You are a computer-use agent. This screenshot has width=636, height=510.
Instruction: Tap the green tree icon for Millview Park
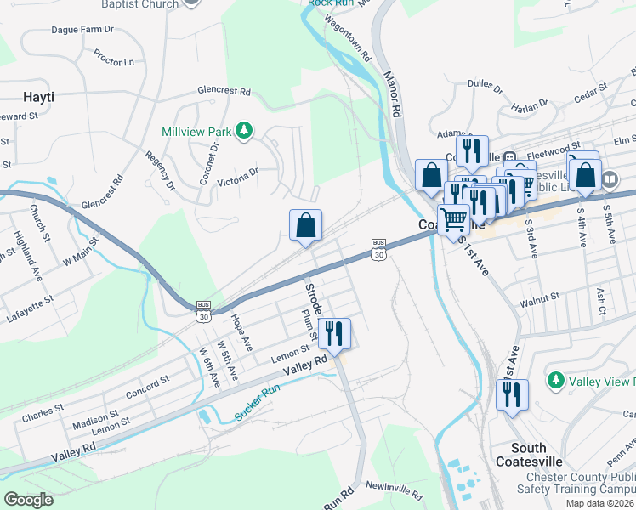click(x=244, y=130)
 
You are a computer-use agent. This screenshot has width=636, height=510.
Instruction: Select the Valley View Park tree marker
click(x=556, y=379)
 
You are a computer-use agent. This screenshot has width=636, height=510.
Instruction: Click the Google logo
click(x=27, y=499)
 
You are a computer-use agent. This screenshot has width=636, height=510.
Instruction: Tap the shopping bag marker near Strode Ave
click(x=306, y=226)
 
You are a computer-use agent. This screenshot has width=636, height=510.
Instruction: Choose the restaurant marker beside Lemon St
click(x=334, y=333)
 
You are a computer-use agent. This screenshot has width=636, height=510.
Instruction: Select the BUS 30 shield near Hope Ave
click(x=203, y=311)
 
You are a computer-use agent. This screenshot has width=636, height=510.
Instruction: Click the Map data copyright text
click(x=600, y=503)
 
